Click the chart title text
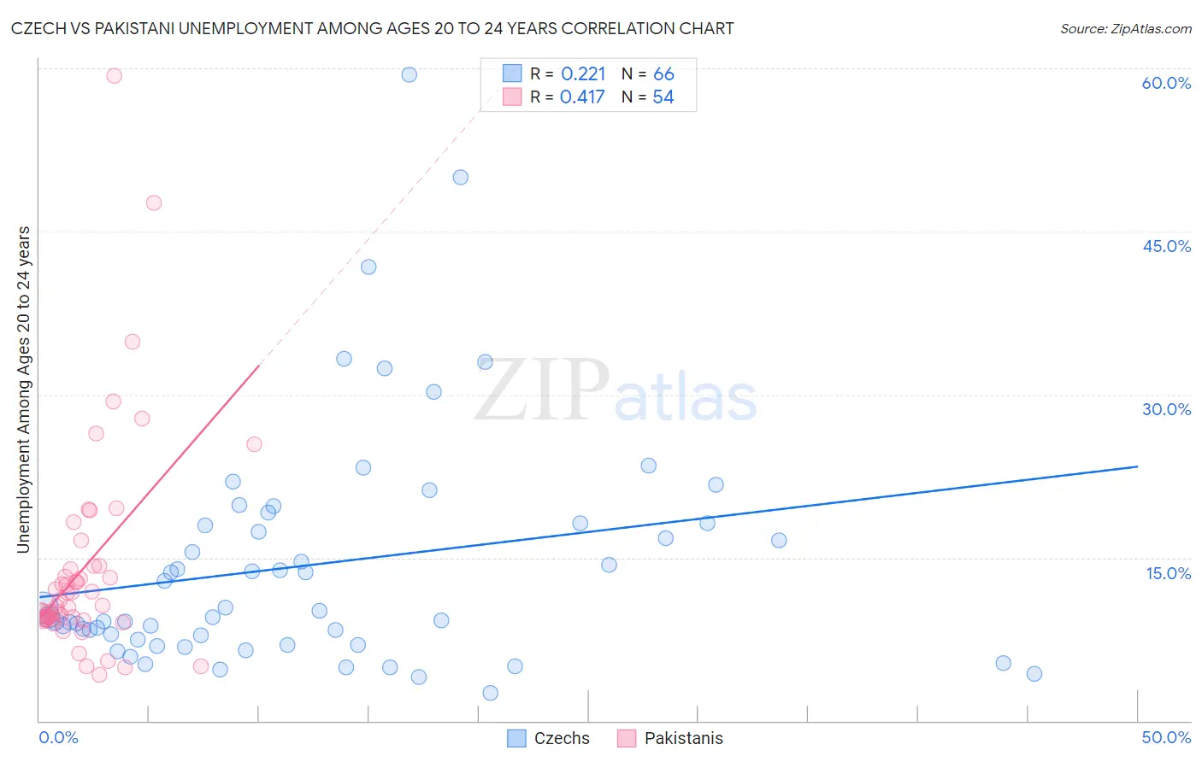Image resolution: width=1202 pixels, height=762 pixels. [372, 29]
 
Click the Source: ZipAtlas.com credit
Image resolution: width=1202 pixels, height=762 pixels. [1125, 29]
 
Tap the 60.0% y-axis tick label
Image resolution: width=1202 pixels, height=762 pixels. [1166, 83]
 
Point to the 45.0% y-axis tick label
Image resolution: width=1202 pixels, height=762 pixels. [1166, 246]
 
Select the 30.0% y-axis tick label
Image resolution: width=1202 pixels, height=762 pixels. [1166, 409]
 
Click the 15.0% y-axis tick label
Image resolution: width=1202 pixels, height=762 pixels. [1168, 573]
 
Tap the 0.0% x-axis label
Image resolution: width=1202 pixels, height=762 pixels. [58, 737]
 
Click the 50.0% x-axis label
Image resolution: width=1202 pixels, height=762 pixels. [1166, 737]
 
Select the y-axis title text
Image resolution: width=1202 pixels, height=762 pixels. [24, 390]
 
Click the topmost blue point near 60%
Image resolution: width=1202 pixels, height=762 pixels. [410, 74]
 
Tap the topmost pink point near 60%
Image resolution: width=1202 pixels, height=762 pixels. [115, 75]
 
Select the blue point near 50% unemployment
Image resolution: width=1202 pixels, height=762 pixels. [461, 178]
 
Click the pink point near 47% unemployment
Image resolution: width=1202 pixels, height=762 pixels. [154, 202]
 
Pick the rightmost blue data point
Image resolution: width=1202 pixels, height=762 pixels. [1034, 673]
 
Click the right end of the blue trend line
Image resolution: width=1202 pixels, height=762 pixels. [1138, 466]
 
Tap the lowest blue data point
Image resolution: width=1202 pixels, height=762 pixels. [491, 693]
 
